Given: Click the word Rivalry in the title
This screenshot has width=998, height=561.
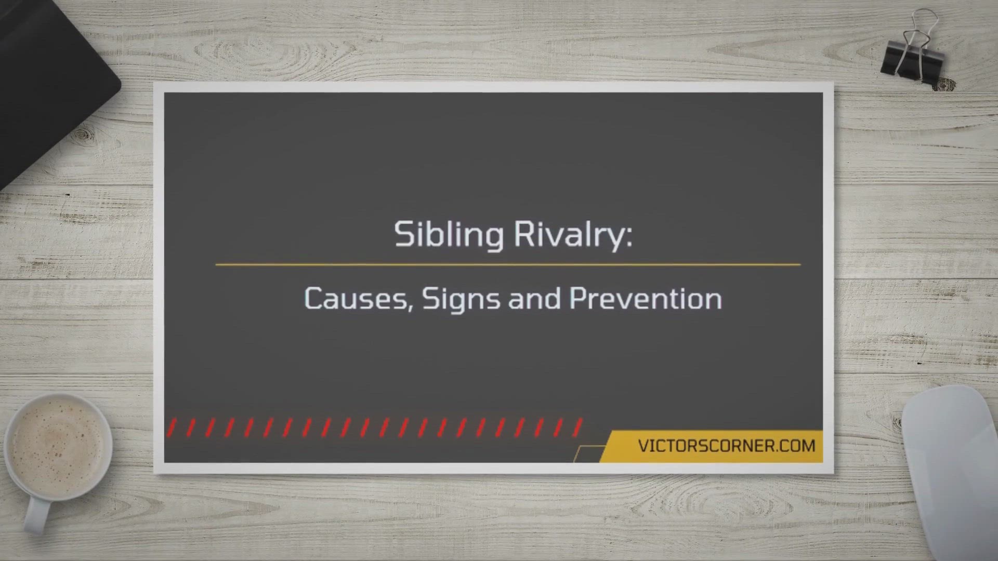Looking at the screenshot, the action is coord(568,235).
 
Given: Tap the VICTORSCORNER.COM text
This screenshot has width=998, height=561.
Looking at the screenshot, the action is coord(727,446).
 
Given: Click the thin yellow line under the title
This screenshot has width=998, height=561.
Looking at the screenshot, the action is coord(508,264).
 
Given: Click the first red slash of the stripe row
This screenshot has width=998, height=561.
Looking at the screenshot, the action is coord(172,428).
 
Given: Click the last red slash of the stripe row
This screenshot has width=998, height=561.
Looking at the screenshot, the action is coord(577,428).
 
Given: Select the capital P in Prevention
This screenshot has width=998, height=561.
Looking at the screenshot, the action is coord(579,298).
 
